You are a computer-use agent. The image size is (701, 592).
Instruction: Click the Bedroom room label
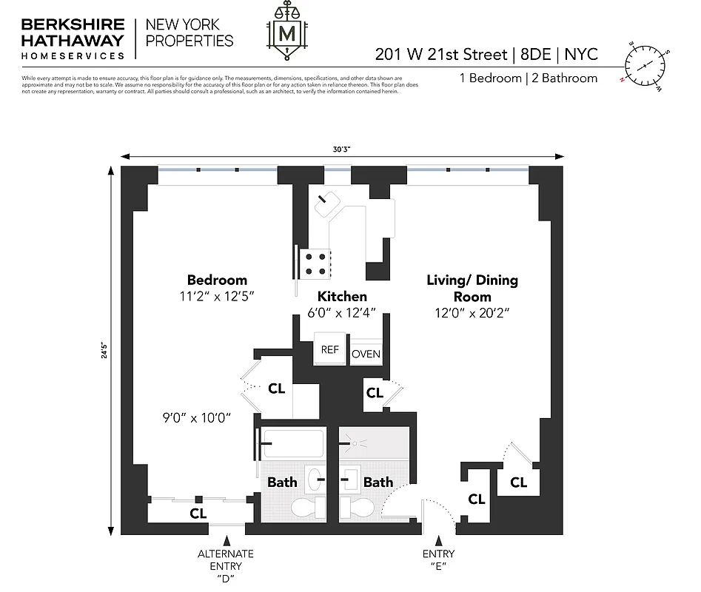216,280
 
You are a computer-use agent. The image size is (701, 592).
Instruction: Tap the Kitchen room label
342,296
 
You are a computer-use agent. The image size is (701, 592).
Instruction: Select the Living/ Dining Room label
472,288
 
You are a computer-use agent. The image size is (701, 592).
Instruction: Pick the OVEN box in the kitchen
366,354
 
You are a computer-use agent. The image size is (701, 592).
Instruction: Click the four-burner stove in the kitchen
314,263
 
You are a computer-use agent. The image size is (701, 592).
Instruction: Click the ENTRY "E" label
440,560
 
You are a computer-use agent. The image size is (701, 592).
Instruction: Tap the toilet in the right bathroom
355,507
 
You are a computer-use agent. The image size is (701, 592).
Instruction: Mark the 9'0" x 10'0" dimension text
198,417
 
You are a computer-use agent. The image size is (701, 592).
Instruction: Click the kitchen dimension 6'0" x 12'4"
342,314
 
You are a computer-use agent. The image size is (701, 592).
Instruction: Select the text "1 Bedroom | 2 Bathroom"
529,78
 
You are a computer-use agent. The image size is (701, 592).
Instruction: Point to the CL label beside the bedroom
276,388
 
